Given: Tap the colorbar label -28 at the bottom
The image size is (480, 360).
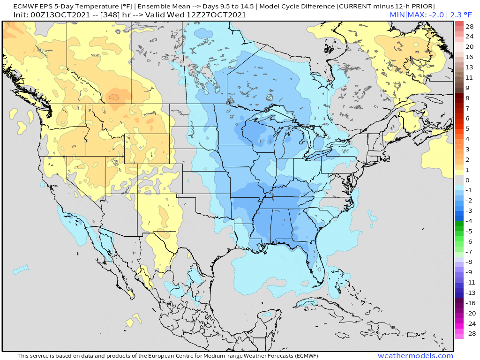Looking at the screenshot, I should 469,334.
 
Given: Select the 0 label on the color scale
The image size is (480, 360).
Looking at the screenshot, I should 467,180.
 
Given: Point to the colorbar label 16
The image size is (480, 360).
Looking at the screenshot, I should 469,57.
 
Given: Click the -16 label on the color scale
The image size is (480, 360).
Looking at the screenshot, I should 469,303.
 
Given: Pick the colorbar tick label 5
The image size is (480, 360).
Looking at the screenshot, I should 467,128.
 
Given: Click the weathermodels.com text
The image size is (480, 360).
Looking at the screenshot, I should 415,356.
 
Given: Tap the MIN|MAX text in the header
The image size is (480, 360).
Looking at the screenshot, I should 406,15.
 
